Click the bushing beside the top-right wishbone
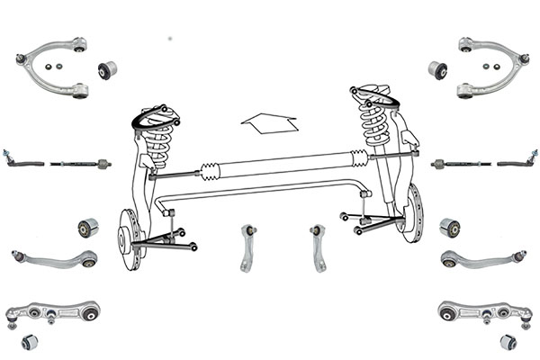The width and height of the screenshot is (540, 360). coord(438,68)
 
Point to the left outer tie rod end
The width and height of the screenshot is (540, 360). coord(25,163)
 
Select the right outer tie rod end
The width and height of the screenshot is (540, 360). coord(515,164)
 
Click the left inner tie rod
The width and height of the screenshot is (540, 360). coord(81,165)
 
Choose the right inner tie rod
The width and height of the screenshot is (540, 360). coord(459,165)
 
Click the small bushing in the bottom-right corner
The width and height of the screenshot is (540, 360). coord(508,342)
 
